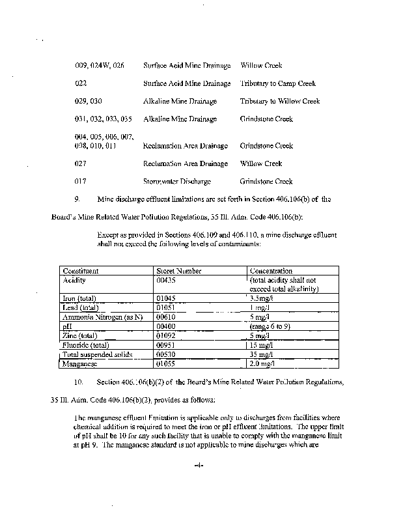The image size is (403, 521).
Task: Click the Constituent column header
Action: pyautogui.click(x=81, y=270)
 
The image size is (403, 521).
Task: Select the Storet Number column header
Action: pyautogui.click(x=180, y=270)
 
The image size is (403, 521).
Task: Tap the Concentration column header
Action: pyautogui.click(x=271, y=270)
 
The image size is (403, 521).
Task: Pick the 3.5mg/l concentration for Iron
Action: pyautogui.click(x=262, y=298)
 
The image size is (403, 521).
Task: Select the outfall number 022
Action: pyautogui.click(x=81, y=83)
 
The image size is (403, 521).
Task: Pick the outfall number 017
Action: pyautogui.click(x=81, y=181)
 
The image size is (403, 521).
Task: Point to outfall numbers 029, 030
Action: pyautogui.click(x=89, y=102)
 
